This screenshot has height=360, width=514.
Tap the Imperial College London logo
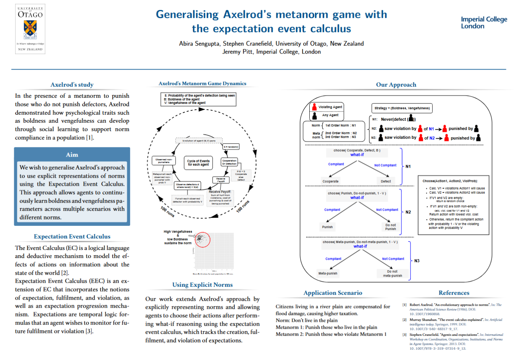point(484,23)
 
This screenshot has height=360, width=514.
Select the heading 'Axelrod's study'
point(72,85)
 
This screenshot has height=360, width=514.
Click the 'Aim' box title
point(72,155)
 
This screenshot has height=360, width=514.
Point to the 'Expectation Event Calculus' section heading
point(72,237)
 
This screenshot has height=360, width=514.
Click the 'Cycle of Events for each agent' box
point(198,163)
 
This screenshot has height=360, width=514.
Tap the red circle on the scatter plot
point(202,240)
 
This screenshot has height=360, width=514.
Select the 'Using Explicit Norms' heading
point(202,285)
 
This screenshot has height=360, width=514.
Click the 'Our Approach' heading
point(396,85)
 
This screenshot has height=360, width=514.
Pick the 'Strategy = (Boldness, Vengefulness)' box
point(402,108)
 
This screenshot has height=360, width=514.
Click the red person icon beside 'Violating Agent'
point(314,107)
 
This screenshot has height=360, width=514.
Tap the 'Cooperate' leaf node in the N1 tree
point(330,182)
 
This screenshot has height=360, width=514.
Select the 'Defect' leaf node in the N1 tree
point(386,182)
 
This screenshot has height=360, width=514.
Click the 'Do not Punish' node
point(390,227)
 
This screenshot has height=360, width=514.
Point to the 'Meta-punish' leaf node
point(328,273)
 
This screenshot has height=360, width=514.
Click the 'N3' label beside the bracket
point(417,261)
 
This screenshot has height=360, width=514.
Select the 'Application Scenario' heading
point(333,293)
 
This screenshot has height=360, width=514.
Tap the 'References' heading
point(454,293)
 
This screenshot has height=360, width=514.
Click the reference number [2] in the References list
point(404,320)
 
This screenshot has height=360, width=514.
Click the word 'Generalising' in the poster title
point(187,15)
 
